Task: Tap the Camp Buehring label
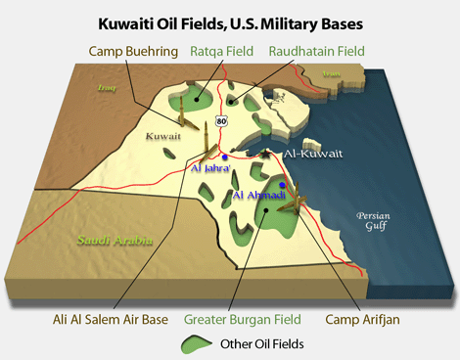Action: pyautogui.click(x=129, y=51)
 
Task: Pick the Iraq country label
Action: pyautogui.click(x=107, y=86)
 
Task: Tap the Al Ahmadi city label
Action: pyautogui.click(x=258, y=196)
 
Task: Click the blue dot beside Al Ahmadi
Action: pyautogui.click(x=282, y=185)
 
